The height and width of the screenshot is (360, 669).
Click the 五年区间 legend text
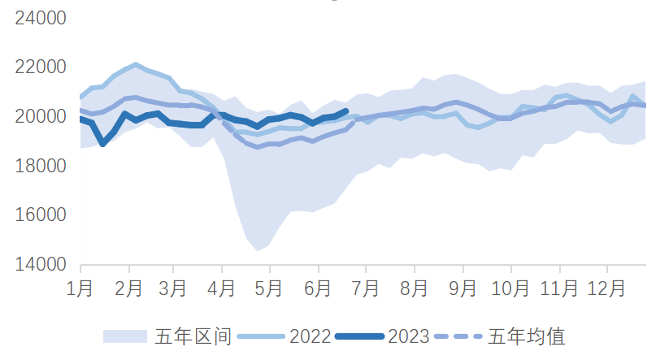point(194,336)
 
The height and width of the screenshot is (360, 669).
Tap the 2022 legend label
point(310,336)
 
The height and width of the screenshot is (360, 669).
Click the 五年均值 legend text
point(527,336)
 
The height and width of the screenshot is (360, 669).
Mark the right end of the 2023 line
point(347,111)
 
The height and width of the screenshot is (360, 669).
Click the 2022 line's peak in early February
point(135,64)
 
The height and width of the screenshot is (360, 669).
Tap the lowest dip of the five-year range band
point(258,250)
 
